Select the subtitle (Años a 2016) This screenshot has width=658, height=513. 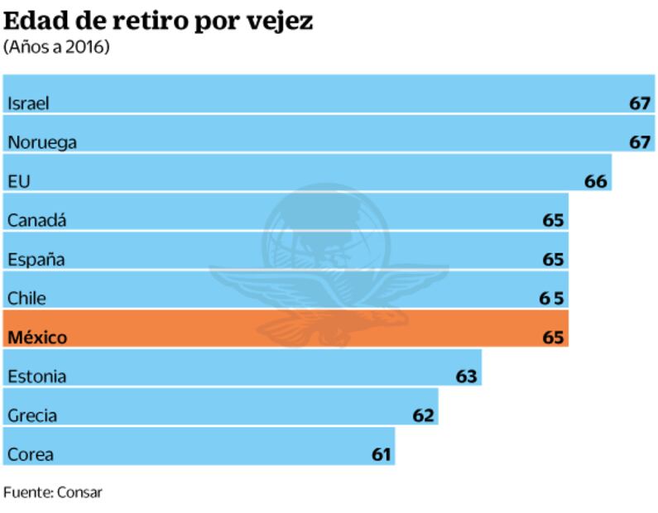[x=57, y=46]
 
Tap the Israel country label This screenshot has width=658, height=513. [x=29, y=103]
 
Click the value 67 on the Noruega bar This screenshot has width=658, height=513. [x=640, y=142]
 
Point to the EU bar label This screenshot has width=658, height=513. [x=19, y=181]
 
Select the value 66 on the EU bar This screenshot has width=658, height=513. [x=596, y=181]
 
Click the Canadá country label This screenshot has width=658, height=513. [x=37, y=220]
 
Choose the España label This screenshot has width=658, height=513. [x=36, y=259]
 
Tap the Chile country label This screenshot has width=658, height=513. [x=26, y=298]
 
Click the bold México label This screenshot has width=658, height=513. [x=37, y=338]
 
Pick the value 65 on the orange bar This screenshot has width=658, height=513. [x=553, y=338]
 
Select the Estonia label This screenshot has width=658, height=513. [x=37, y=376]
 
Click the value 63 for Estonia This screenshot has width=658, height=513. [x=467, y=376]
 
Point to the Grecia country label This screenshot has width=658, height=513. [x=32, y=415]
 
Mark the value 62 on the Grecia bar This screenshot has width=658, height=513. [x=423, y=415]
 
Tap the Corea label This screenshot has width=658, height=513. [x=31, y=454]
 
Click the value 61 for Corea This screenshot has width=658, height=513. [x=381, y=454]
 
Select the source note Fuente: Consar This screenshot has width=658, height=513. [x=53, y=492]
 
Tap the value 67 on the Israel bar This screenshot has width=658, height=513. [x=640, y=103]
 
